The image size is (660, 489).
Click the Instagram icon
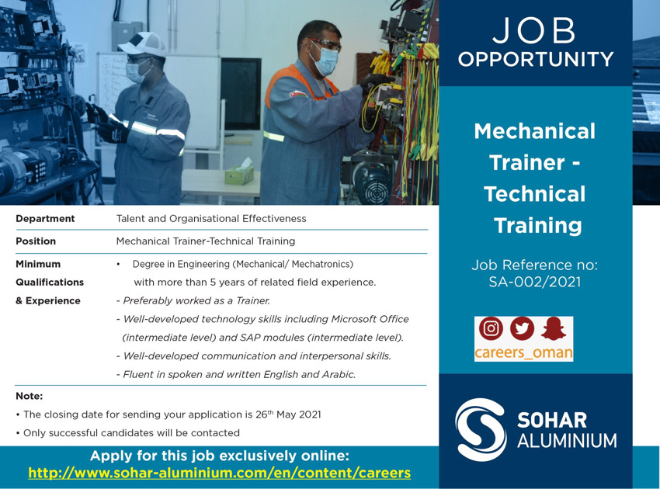coord(491,328)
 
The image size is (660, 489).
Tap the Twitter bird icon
coord(523,328)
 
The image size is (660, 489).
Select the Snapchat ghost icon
coord(553,328)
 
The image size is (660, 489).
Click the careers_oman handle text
coord(523,352)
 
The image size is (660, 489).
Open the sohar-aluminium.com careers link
coord(219,473)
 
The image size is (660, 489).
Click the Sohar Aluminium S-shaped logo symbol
coord(481,430)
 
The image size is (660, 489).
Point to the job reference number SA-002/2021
coord(534,282)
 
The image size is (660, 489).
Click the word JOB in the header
coord(534,30)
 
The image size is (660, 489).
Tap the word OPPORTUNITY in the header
coord(536,59)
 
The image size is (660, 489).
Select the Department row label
coord(45,218)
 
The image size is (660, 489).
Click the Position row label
coord(36,241)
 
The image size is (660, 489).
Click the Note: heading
coord(29,396)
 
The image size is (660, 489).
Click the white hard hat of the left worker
coord(142,44)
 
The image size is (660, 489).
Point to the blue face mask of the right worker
coord(325,61)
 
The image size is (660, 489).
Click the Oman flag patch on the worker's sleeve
coord(298,92)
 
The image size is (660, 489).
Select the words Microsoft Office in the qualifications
coord(370,319)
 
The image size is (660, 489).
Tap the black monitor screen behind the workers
coord(241,94)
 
